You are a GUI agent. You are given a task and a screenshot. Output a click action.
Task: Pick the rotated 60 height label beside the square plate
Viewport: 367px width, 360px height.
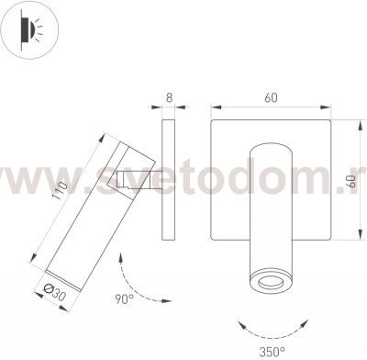click(351, 183)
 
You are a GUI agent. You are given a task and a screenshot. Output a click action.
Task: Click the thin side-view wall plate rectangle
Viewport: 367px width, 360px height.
click(170, 180)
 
